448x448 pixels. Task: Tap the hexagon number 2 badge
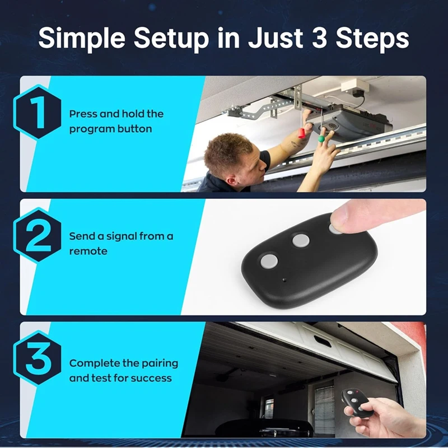pyautogui.click(x=38, y=236)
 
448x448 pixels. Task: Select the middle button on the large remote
pyautogui.click(x=301, y=241)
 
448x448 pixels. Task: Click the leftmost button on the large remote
pyautogui.click(x=268, y=260)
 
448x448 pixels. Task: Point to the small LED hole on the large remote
pyautogui.click(x=284, y=278)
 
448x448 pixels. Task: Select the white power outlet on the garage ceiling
pyautogui.click(x=357, y=87)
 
